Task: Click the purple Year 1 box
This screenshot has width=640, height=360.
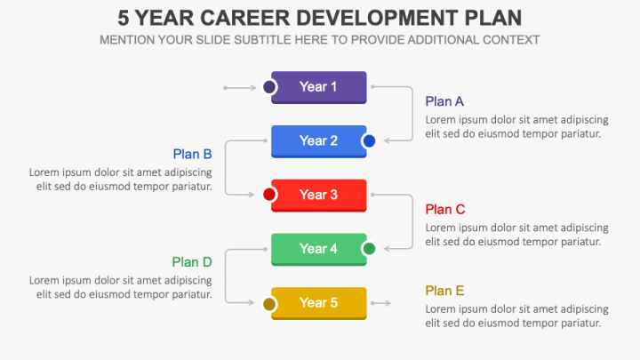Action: tap(319, 87)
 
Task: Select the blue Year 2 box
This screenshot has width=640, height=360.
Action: tap(319, 141)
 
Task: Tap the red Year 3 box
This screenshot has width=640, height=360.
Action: tap(319, 195)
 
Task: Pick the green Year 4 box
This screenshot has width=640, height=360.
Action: tap(319, 249)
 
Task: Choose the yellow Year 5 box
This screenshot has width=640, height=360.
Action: tap(319, 303)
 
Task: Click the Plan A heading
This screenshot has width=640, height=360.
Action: tap(444, 101)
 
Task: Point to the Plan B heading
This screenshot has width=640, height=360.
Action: tap(192, 154)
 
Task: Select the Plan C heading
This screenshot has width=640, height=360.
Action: tap(445, 210)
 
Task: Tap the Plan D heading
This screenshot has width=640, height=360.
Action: tap(192, 262)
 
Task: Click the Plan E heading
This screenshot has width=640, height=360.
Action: tap(444, 291)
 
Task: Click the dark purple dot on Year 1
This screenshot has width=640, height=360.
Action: tap(269, 87)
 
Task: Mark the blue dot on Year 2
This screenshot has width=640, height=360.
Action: tap(369, 141)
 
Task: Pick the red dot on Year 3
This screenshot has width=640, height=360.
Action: tap(269, 195)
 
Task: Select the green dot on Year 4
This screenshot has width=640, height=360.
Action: tap(369, 249)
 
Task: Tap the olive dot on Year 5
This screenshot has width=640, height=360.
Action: tap(269, 304)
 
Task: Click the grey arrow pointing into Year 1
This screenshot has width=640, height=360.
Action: tap(239, 87)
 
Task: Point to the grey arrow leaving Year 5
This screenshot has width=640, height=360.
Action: tap(380, 304)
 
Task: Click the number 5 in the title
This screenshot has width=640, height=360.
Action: tap(124, 18)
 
